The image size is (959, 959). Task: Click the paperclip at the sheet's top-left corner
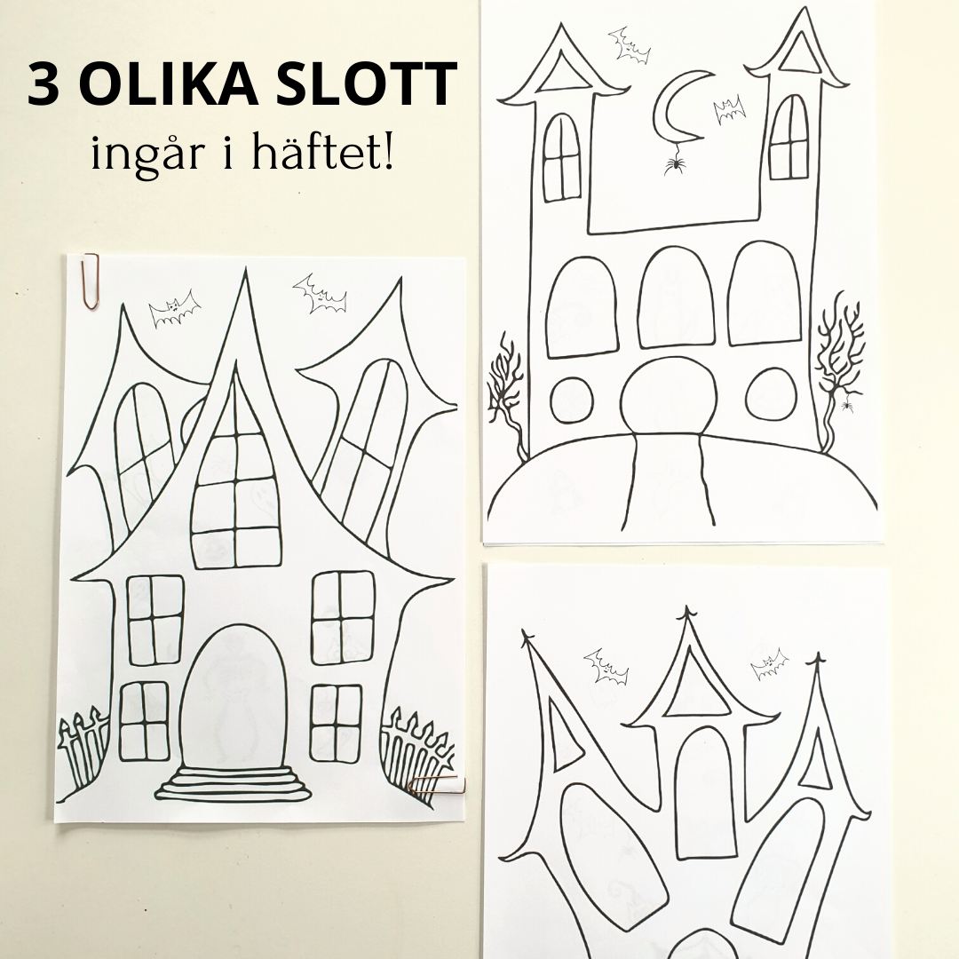click(x=91, y=281)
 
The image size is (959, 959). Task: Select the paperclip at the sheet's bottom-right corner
click(x=438, y=785)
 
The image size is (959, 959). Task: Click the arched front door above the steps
click(x=233, y=691)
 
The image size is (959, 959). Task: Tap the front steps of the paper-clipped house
click(x=233, y=783)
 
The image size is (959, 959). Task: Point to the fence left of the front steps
click(x=83, y=749)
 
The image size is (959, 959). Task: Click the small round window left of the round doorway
click(x=572, y=400)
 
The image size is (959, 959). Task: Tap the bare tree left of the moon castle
click(x=505, y=394)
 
